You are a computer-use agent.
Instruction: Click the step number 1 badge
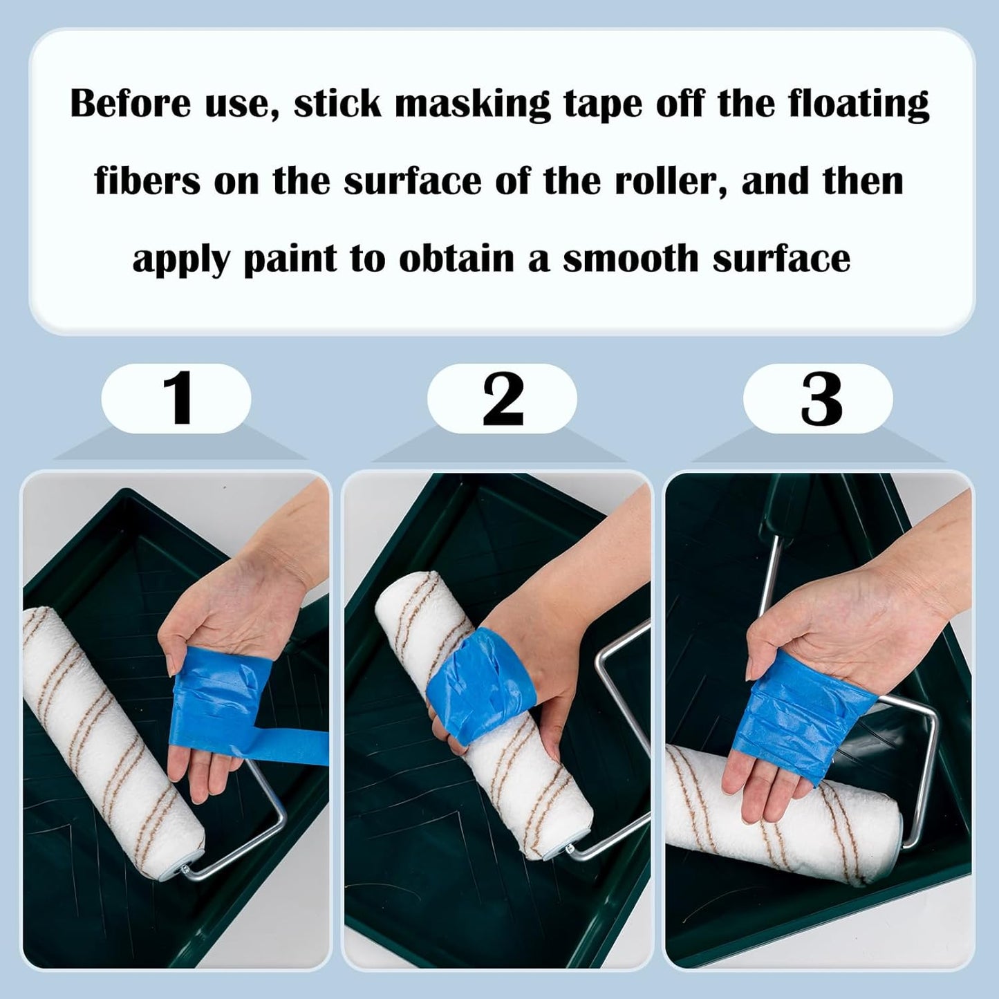coord(176,399)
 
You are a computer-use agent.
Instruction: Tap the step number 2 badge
coord(502,399)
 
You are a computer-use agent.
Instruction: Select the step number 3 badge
coord(819,399)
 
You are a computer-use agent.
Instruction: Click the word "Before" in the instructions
coord(131,104)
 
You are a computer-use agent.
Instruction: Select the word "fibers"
coord(147,181)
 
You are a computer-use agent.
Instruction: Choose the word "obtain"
coord(456,259)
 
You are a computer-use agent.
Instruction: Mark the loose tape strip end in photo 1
coord(311,747)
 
